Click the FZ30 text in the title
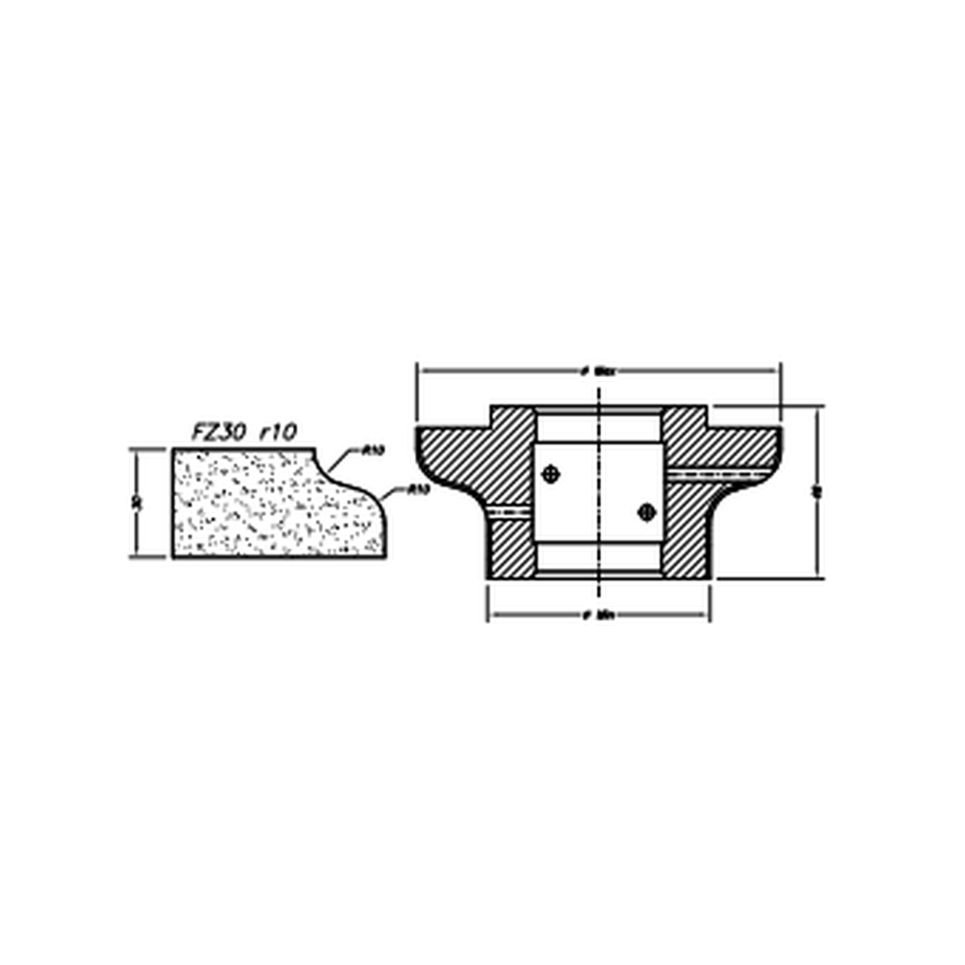(219, 433)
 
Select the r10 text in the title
(278, 433)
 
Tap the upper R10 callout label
(373, 450)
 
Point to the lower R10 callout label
(418, 489)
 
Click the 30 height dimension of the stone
(138, 501)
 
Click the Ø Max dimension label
(599, 371)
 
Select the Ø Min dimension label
(599, 615)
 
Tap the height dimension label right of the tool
(817, 491)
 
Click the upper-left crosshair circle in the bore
(551, 474)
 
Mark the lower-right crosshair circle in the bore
(646, 512)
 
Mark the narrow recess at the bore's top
(599, 412)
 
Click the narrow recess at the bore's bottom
(599, 572)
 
